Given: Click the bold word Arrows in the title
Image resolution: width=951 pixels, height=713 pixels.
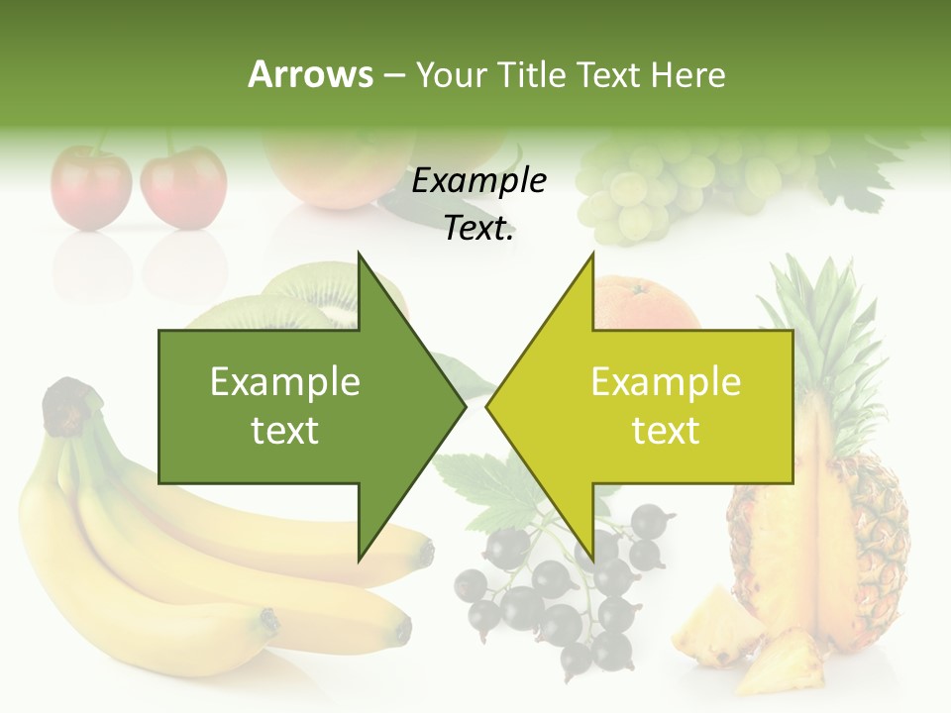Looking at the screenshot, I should (311, 74).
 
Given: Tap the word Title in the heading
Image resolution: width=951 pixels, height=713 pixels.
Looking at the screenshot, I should (536, 75).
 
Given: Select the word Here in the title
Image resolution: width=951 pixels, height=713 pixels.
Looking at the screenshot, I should (688, 75).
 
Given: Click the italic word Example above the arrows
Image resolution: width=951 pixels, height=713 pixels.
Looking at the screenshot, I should (478, 181).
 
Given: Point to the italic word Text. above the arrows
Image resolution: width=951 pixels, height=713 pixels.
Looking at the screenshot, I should (478, 228).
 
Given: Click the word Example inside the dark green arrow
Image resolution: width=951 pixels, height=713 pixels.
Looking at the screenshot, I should (285, 382).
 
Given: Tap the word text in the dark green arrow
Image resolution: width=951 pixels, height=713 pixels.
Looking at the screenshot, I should (285, 431).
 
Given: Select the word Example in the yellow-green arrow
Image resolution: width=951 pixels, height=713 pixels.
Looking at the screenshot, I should (666, 382).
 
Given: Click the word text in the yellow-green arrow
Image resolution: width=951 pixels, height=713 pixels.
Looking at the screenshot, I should (666, 431).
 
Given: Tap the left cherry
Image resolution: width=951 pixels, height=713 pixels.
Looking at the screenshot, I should (91, 188).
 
